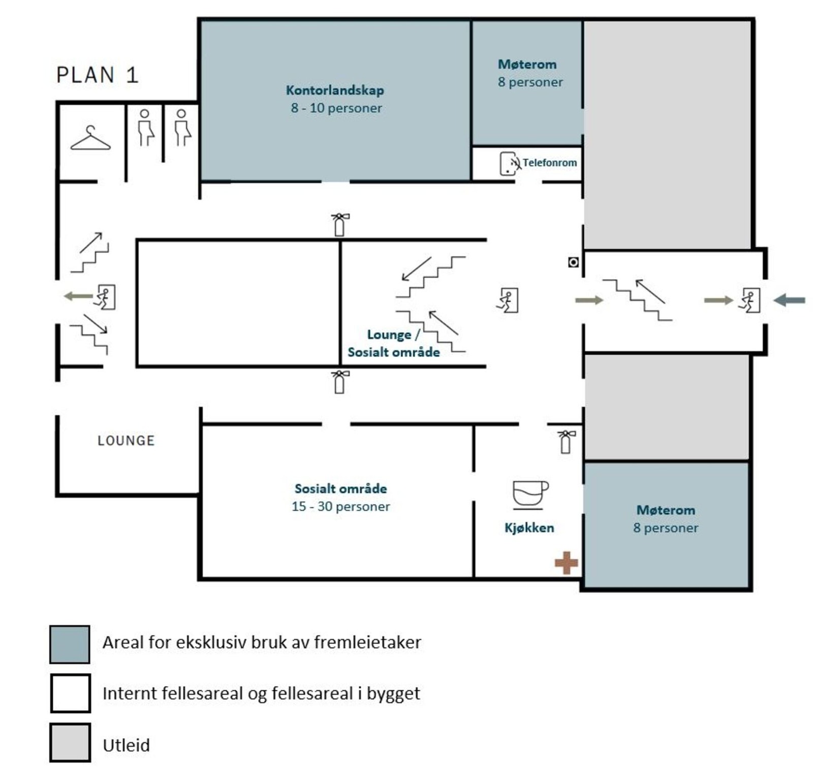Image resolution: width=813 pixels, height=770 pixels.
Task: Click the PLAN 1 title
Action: (x=97, y=75)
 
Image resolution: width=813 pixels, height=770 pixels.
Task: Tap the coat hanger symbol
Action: (x=90, y=139)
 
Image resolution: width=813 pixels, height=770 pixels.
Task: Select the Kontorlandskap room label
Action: (x=335, y=90)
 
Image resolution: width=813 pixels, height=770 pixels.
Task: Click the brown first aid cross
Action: (x=566, y=563)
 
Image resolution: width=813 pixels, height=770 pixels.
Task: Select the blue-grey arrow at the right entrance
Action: (x=789, y=300)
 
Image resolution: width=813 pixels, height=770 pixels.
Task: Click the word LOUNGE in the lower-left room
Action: (x=126, y=441)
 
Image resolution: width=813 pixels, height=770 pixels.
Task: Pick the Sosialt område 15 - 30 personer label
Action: (x=341, y=497)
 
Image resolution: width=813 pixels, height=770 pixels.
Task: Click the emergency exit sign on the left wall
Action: (x=105, y=297)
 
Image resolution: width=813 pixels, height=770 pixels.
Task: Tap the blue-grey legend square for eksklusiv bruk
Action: (x=70, y=644)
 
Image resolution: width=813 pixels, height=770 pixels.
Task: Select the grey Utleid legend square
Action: (x=70, y=742)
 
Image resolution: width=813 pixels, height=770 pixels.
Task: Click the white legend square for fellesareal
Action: (x=70, y=693)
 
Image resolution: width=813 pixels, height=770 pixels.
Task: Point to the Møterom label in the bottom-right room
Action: (x=666, y=510)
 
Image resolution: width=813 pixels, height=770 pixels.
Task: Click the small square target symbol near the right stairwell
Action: (x=573, y=262)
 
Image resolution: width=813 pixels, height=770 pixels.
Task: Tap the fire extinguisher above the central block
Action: (x=339, y=225)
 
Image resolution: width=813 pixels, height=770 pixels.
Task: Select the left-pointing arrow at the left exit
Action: (x=77, y=296)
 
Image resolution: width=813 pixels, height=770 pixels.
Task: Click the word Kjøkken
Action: (x=529, y=528)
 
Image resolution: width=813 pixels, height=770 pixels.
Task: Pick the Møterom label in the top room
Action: (x=527, y=64)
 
